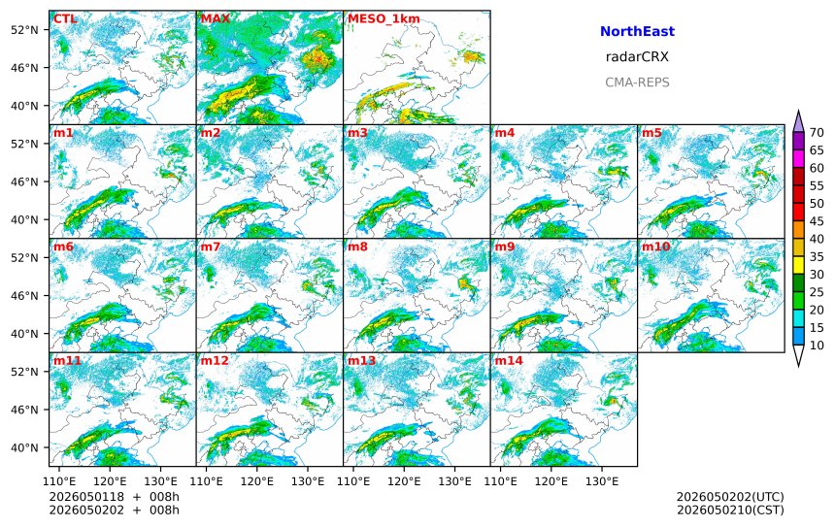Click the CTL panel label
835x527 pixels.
click(64, 19)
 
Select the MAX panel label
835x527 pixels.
click(216, 19)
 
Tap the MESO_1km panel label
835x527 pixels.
click(384, 19)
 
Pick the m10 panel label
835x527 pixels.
click(655, 247)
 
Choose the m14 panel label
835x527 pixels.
click(509, 361)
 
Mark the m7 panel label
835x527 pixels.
click(210, 247)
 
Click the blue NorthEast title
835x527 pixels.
click(637, 31)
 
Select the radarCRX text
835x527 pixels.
click(637, 57)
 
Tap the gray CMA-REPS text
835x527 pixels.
click(637, 82)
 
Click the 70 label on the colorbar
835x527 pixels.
click(817, 133)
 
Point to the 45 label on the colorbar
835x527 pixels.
click(817, 221)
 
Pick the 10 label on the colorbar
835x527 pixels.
click(817, 346)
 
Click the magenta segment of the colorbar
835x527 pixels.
click(798, 159)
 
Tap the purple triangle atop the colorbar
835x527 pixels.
click(798, 121)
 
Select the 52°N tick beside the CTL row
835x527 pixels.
click(24, 30)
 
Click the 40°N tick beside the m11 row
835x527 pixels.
click(24, 447)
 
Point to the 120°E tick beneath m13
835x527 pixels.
click(404, 481)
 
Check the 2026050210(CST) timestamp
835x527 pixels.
click(730, 510)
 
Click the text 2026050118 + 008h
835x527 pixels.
click(115, 497)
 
